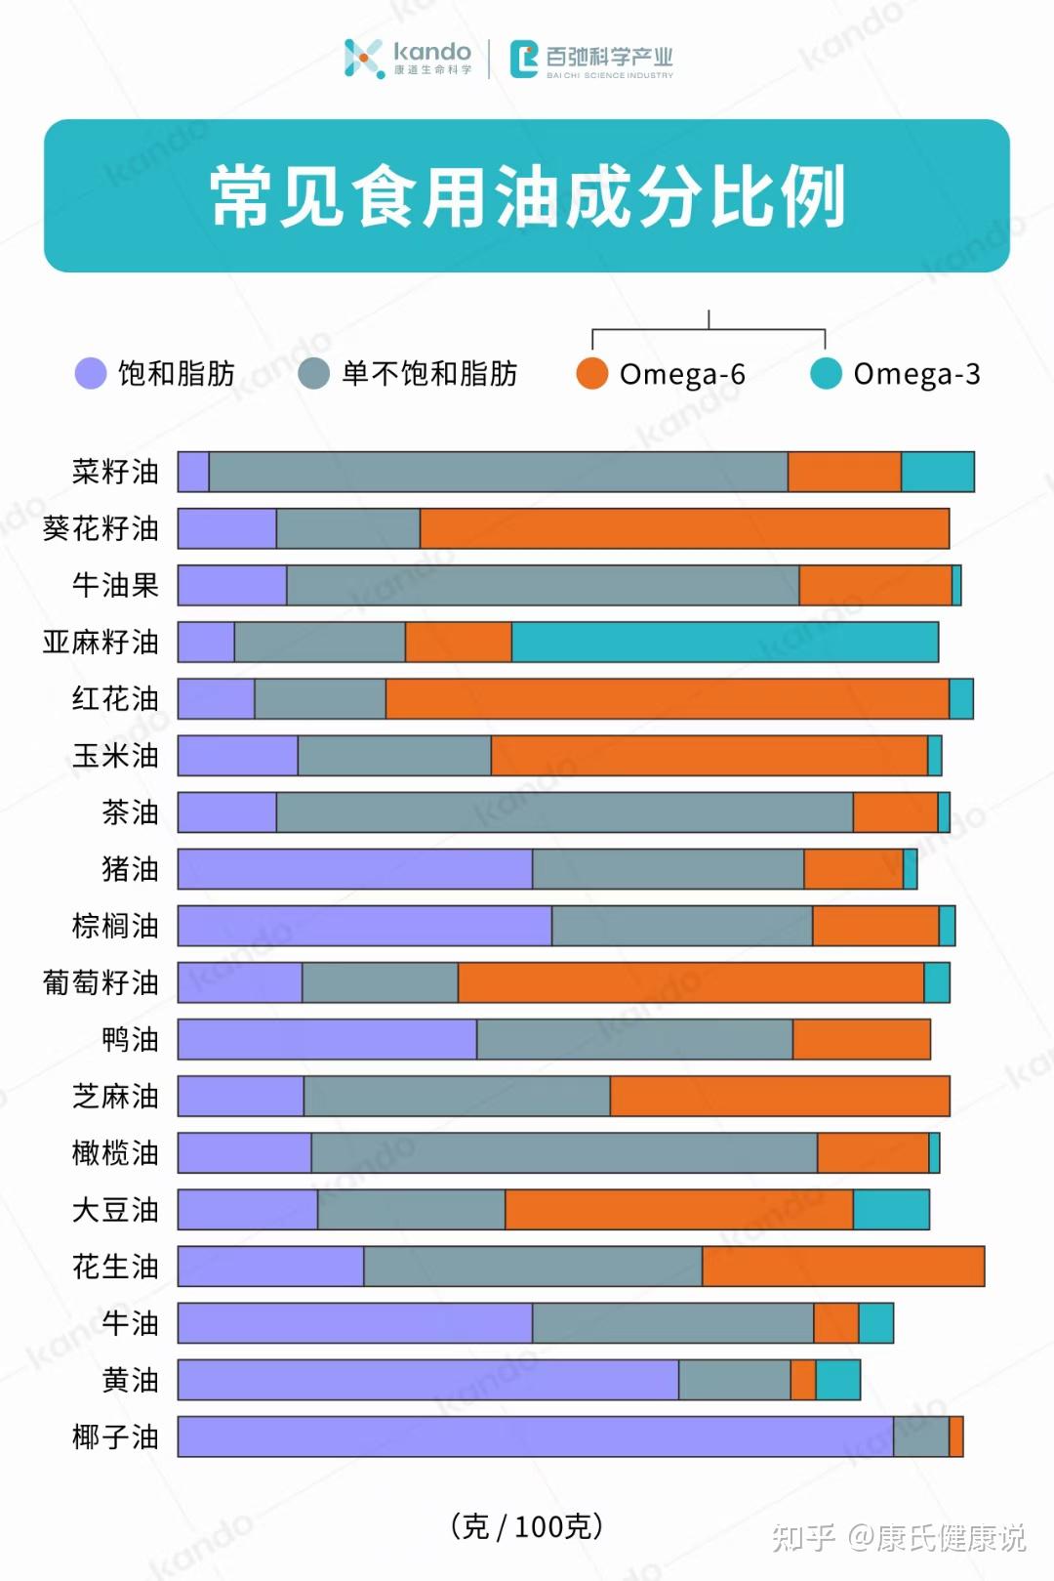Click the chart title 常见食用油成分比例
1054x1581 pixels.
(x=527, y=196)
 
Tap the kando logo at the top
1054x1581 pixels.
(x=408, y=58)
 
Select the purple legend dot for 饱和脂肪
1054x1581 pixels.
(x=91, y=373)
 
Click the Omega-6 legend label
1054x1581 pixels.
(x=682, y=374)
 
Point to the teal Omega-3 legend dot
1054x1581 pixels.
(x=826, y=373)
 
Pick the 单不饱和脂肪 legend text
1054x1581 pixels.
(x=429, y=373)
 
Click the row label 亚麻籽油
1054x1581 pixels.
(x=101, y=642)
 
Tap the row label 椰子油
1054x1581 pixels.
(x=115, y=1436)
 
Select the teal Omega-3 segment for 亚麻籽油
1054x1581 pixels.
(x=724, y=642)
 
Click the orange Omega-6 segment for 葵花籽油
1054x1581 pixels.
(x=684, y=528)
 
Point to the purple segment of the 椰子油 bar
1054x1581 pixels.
(x=535, y=1436)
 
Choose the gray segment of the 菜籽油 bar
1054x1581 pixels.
(x=498, y=472)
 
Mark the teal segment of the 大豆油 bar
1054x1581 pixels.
(x=891, y=1210)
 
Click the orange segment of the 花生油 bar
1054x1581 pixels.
(x=843, y=1267)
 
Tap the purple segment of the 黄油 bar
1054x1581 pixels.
(x=427, y=1380)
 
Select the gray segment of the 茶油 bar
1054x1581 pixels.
(x=564, y=812)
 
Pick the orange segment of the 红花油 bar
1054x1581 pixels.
(x=667, y=699)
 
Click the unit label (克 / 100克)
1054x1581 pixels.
(x=527, y=1525)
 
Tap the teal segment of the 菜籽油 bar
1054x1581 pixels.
(x=937, y=472)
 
